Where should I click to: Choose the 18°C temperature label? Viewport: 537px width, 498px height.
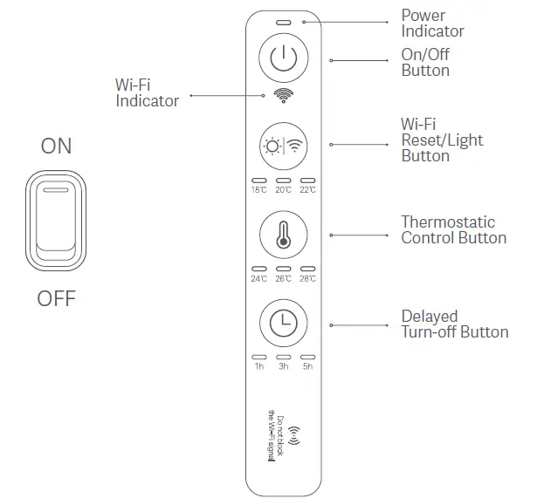pos(259,189)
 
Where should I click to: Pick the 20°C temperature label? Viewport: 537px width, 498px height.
pos(283,189)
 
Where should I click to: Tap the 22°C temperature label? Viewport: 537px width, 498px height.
pos(306,189)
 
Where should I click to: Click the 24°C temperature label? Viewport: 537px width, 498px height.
pos(259,279)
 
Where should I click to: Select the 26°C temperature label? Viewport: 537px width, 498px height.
pos(283,279)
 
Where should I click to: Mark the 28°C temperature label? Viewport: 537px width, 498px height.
pos(306,279)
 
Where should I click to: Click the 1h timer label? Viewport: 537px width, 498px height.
pos(259,367)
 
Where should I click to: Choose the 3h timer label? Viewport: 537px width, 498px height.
pos(283,367)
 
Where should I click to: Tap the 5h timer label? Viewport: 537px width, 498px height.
pos(306,367)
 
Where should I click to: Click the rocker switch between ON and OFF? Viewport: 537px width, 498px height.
pos(57,221)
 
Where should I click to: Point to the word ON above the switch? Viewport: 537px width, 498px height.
pos(57,147)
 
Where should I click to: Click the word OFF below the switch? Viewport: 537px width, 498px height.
pos(57,299)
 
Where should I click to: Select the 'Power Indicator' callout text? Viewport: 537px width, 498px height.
pos(432,24)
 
